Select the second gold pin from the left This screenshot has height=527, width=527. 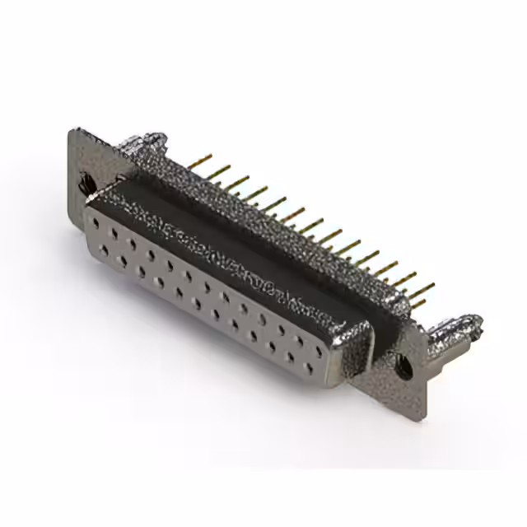[218, 170]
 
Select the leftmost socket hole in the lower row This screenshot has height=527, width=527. [105, 250]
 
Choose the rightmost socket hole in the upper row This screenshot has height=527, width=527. [319, 351]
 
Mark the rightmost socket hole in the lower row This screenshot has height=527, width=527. [310, 368]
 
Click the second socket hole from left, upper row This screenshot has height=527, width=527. [115, 234]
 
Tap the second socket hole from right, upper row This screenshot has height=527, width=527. [301, 340]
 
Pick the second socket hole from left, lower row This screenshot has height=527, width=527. [123, 260]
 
